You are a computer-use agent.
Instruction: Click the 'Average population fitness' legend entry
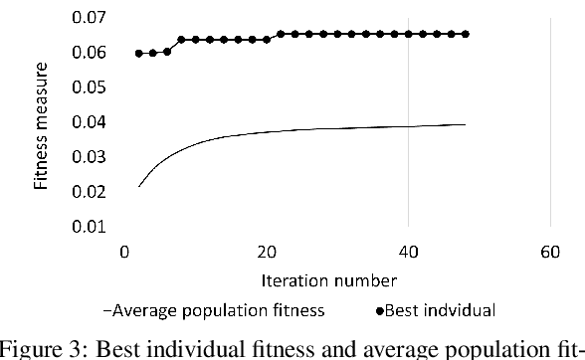219,310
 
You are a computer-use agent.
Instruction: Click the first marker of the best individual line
139,53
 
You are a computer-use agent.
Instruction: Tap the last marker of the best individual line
466,34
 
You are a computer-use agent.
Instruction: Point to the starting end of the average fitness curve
139,186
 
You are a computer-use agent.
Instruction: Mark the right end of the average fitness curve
466,124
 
